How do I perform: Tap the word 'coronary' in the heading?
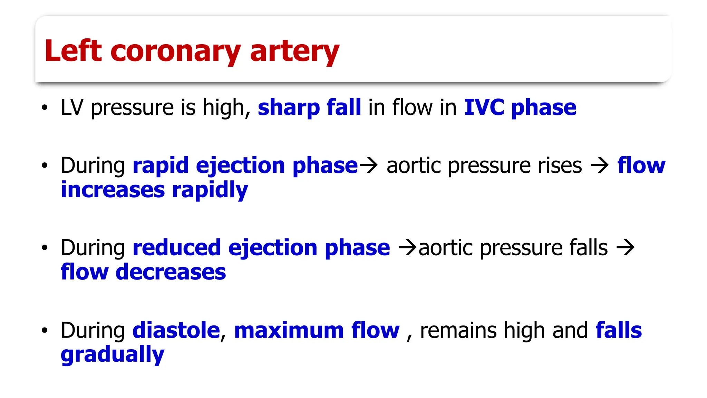tap(175, 52)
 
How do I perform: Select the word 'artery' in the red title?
tap(294, 52)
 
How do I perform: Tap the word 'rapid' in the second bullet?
tap(161, 165)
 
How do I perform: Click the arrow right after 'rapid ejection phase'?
tap(369, 165)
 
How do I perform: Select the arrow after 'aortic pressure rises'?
tap(600, 165)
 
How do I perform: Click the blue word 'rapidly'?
tap(210, 190)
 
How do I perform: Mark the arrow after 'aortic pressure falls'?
tap(626, 247)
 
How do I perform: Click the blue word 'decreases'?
tap(171, 272)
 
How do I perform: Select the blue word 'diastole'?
tap(176, 330)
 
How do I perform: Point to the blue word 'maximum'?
tap(289, 330)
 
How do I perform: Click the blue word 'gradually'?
tap(113, 355)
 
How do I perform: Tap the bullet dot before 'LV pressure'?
tap(44, 107)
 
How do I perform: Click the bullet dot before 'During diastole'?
tap(44, 330)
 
